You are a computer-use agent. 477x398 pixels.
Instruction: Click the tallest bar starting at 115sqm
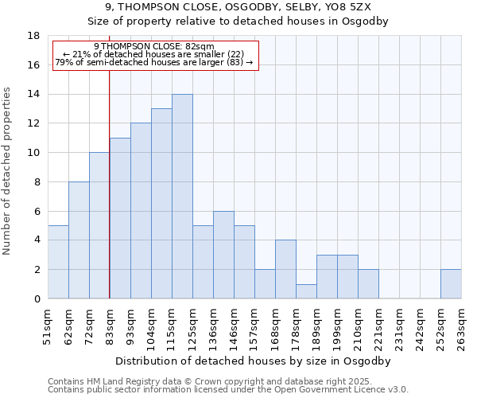pyautogui.click(x=182, y=197)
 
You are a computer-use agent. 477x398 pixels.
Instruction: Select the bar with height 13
pyautogui.click(x=161, y=204)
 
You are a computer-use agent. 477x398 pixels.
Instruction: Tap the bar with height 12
pyautogui.click(x=141, y=211)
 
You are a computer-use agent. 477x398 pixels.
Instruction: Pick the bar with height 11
pyautogui.click(x=120, y=218)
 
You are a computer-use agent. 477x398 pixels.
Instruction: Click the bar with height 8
pyautogui.click(x=79, y=240)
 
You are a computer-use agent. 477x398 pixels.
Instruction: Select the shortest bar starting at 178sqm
pyautogui.click(x=306, y=291)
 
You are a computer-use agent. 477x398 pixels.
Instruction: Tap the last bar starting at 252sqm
pyautogui.click(x=451, y=284)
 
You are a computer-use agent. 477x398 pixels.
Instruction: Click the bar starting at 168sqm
pyautogui.click(x=285, y=269)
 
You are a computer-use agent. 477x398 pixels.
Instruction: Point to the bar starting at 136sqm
pyautogui.click(x=223, y=255)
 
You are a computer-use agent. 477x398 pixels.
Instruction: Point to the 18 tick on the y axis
pyautogui.click(x=33, y=36)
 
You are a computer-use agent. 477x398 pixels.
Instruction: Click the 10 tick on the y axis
pyautogui.click(x=33, y=153)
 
